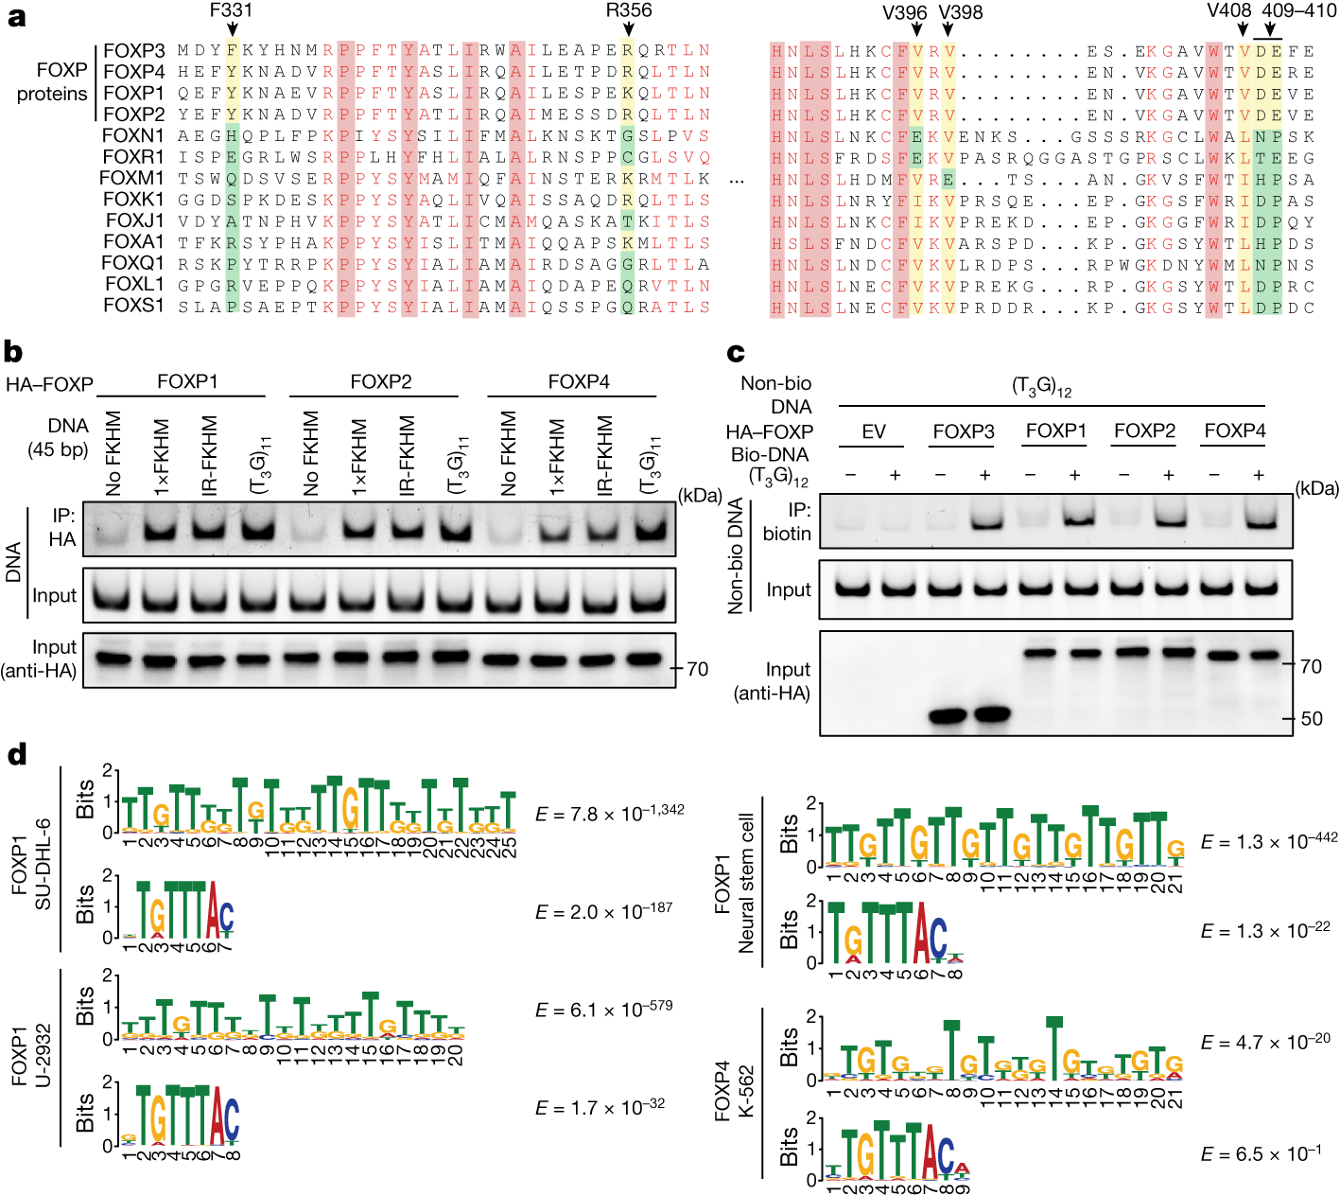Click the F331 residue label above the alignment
pos(231,11)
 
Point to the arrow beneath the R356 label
pos(629,30)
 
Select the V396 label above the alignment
pos(904,12)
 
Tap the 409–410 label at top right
pos(1299,11)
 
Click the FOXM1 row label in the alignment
pos(132,178)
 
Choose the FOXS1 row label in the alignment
pos(132,306)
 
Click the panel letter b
pos(13,352)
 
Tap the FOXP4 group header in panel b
pos(579,381)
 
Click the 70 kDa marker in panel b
pos(698,669)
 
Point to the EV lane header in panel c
pos(873,431)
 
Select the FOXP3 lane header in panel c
pos(964,431)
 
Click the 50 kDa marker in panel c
pos(1312,719)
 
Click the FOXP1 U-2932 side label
pos(31,1060)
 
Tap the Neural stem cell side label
pos(746,883)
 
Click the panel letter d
pos(15,755)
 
